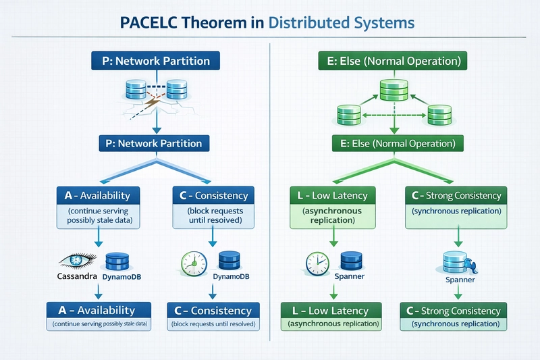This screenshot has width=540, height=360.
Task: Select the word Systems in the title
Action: [x=384, y=22]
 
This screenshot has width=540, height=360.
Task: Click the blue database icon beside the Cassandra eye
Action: [x=117, y=260]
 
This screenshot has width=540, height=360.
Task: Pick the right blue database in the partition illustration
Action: [x=176, y=88]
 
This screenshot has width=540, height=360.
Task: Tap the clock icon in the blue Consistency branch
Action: [x=192, y=261]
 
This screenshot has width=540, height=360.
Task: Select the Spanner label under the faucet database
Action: [x=460, y=280]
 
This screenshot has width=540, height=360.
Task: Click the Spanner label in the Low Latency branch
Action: [x=350, y=277]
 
